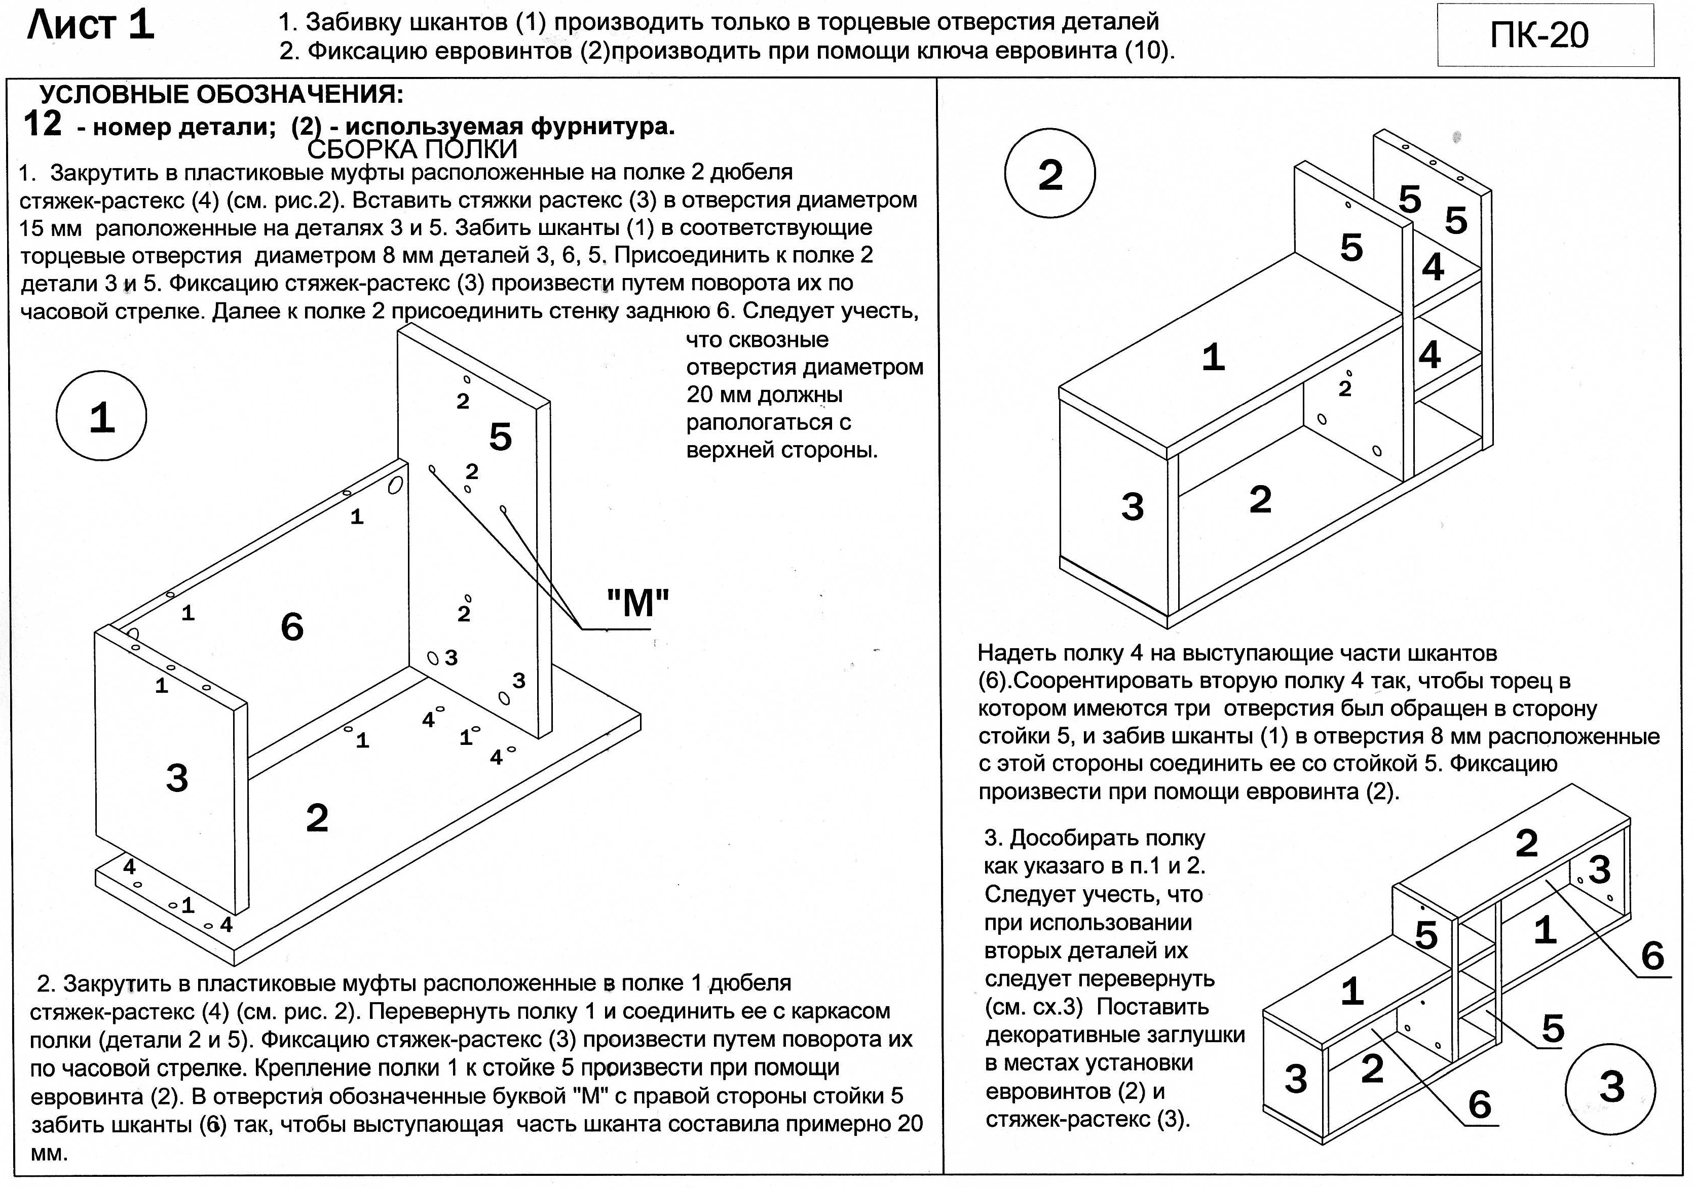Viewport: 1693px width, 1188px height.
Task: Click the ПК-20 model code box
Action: [1545, 35]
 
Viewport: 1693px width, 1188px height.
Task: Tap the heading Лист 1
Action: [90, 26]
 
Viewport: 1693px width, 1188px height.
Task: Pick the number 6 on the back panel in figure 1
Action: [292, 627]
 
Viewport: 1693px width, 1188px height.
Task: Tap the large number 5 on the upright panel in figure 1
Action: [501, 437]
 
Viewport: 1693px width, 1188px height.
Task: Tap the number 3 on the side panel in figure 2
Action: [1133, 506]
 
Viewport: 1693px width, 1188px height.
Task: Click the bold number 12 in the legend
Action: [42, 124]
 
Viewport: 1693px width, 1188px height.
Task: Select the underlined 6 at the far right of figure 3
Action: [1652, 957]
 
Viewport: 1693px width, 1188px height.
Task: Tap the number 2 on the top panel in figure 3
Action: [1526, 844]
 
